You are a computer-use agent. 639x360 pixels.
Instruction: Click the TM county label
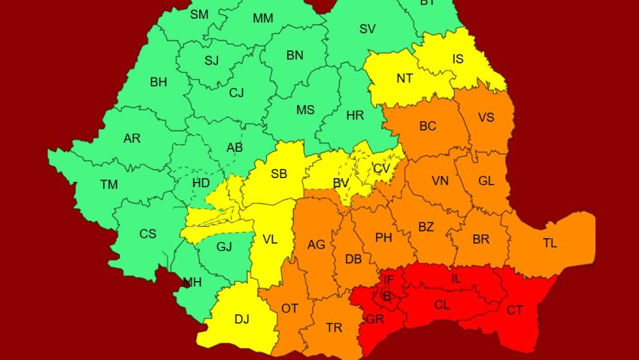tap(109, 184)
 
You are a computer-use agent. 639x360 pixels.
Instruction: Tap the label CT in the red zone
tap(515, 310)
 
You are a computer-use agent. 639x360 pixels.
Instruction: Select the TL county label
tap(550, 244)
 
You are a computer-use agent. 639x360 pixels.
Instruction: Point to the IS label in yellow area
tap(458, 57)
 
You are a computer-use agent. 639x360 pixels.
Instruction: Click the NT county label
tap(404, 77)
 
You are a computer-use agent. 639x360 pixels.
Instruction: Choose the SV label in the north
tap(368, 29)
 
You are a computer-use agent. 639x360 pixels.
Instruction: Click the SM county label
tap(199, 14)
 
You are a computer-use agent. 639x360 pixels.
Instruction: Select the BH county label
tap(159, 83)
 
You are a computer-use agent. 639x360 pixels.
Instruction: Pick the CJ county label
tap(237, 93)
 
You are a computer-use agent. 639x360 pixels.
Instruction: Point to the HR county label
tap(355, 116)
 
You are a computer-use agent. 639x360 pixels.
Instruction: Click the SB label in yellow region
tap(279, 174)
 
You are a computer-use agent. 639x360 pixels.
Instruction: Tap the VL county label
tap(269, 240)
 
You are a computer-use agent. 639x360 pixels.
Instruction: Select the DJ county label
tap(241, 319)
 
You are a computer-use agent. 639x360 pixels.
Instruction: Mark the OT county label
tap(289, 308)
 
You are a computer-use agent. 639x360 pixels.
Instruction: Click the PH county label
tap(383, 237)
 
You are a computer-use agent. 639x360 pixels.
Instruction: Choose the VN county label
tap(440, 181)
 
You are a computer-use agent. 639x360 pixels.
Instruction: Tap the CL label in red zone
tap(442, 305)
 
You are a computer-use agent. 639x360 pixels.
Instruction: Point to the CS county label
tap(147, 234)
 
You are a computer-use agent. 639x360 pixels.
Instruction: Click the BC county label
tap(428, 126)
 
